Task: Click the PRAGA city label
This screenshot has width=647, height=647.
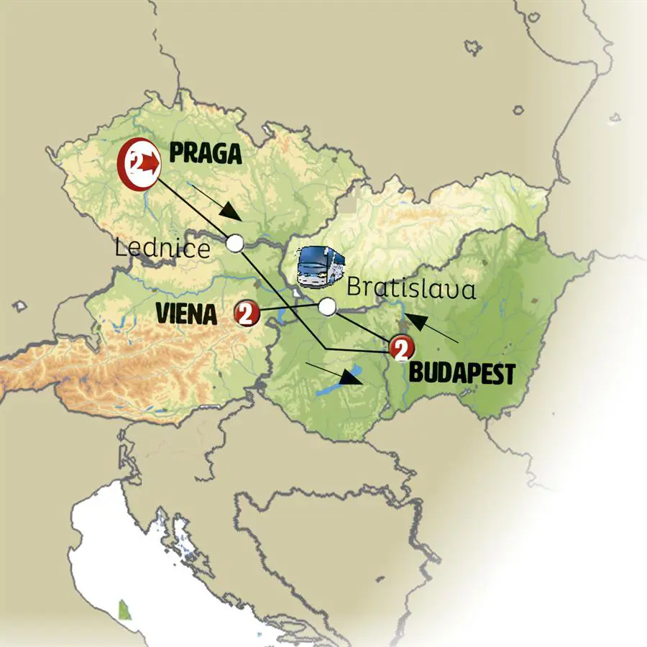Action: [205, 153]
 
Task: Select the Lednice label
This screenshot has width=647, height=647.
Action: [162, 249]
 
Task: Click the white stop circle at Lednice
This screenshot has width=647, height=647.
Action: [234, 243]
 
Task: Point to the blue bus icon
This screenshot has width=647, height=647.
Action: [321, 267]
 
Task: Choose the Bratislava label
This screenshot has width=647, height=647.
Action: [411, 289]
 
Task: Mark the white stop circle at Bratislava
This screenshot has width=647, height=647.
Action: [327, 307]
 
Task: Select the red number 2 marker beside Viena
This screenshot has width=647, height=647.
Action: [246, 313]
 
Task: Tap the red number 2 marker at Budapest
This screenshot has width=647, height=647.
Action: [401, 349]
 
